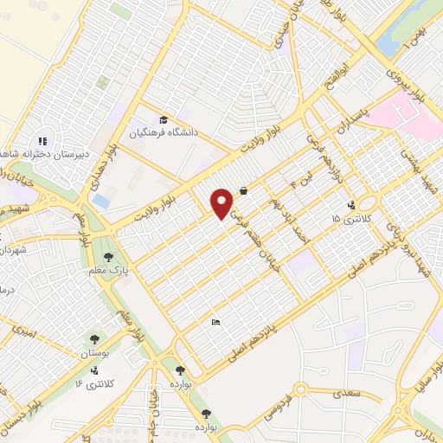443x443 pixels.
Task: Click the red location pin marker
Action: pos(222,203)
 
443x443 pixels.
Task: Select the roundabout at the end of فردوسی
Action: pos(302,388)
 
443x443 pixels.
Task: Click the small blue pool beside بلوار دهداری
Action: pos(100,201)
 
